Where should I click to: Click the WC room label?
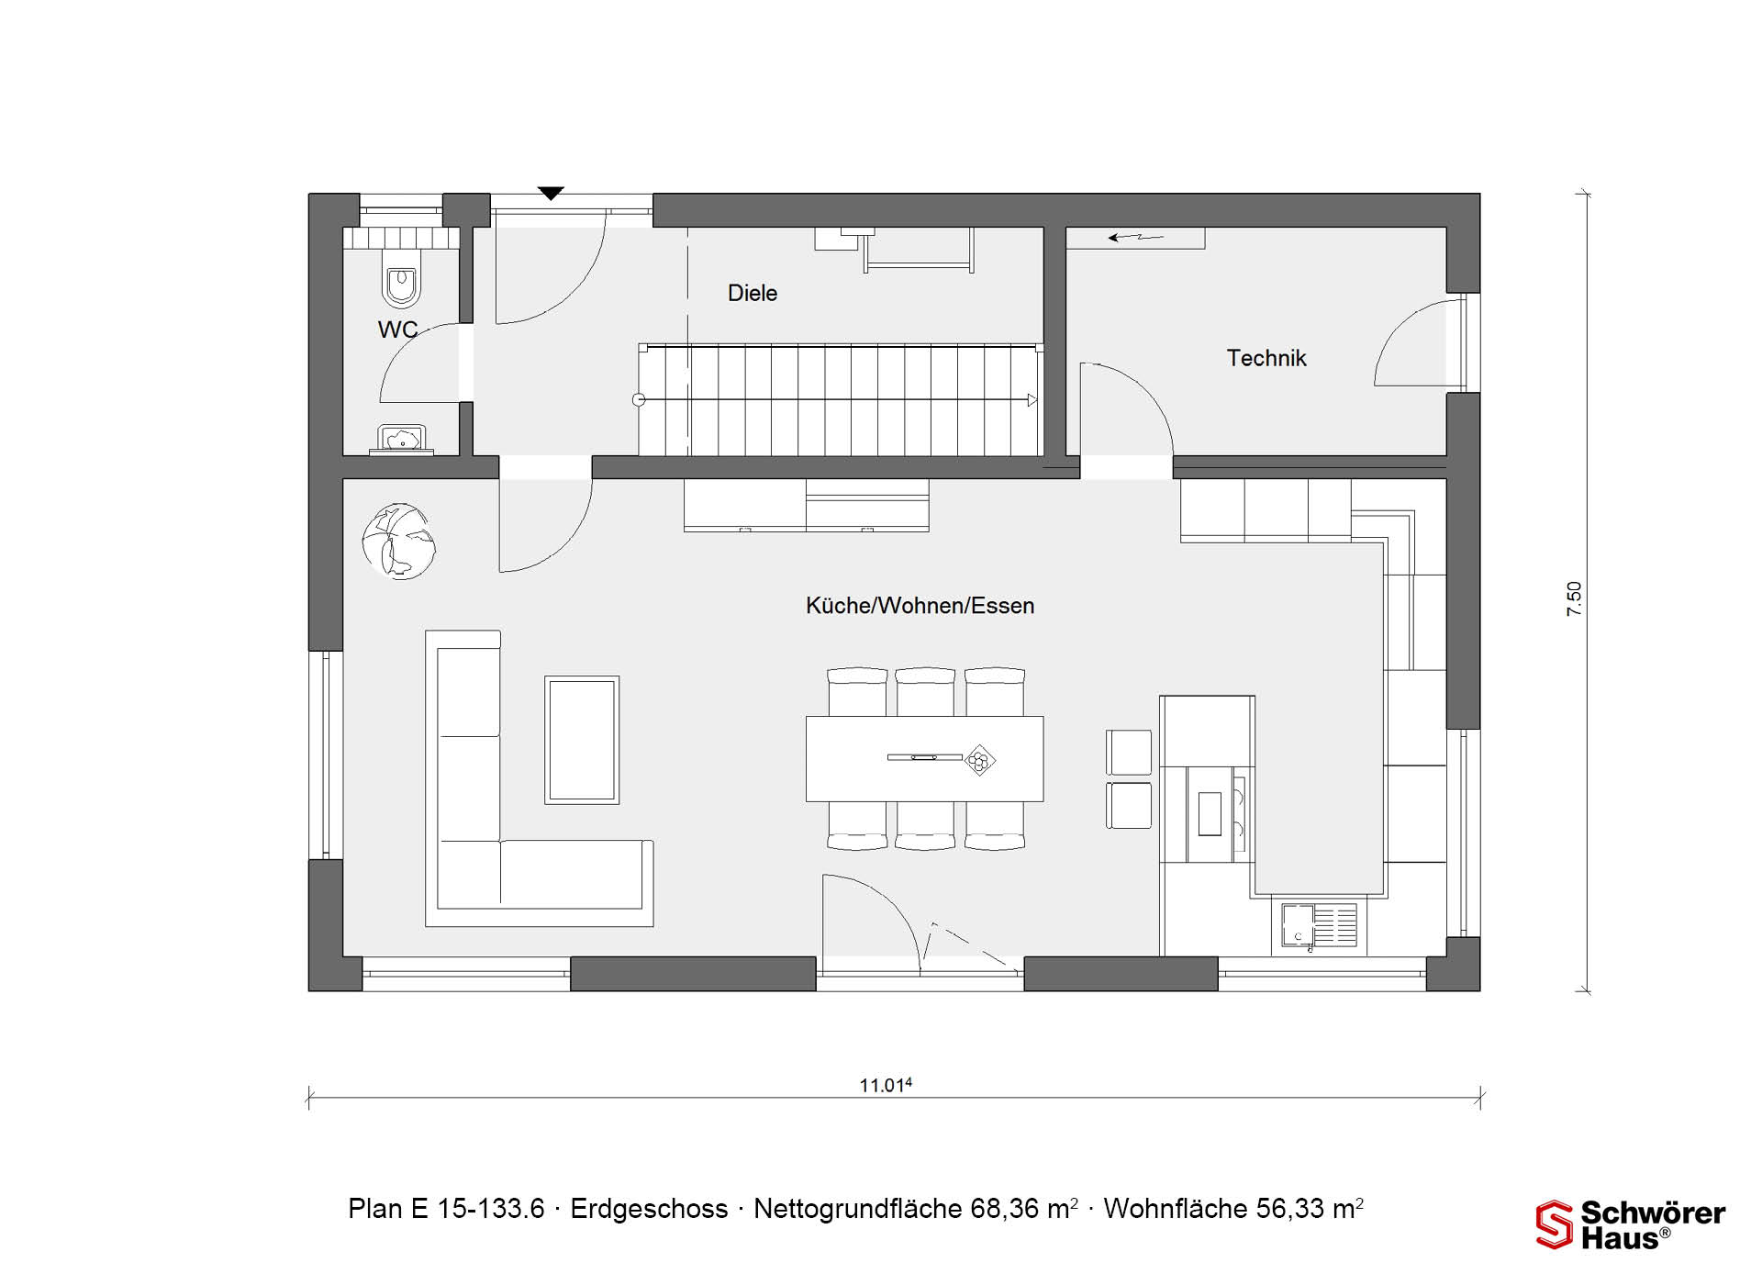[x=397, y=330]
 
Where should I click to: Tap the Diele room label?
[x=753, y=293]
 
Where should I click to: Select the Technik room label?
[x=1266, y=358]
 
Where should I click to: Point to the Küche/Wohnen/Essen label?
[x=920, y=606]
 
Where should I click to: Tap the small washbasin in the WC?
[x=402, y=440]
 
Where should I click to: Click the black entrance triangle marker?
[x=551, y=193]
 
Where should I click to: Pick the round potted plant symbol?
[x=399, y=542]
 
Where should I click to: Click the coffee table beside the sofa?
[x=582, y=740]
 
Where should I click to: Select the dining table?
[x=924, y=759]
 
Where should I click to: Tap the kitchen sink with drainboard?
[x=1320, y=925]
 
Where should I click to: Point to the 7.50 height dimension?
[x=1574, y=598]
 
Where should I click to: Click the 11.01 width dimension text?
[x=886, y=1085]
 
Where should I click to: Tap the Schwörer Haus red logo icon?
[x=1554, y=1224]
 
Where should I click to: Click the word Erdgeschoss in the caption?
[x=649, y=1209]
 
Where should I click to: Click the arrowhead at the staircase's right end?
[x=1032, y=400]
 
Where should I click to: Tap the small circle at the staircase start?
[x=639, y=400]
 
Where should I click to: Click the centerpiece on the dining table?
[x=980, y=760]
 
